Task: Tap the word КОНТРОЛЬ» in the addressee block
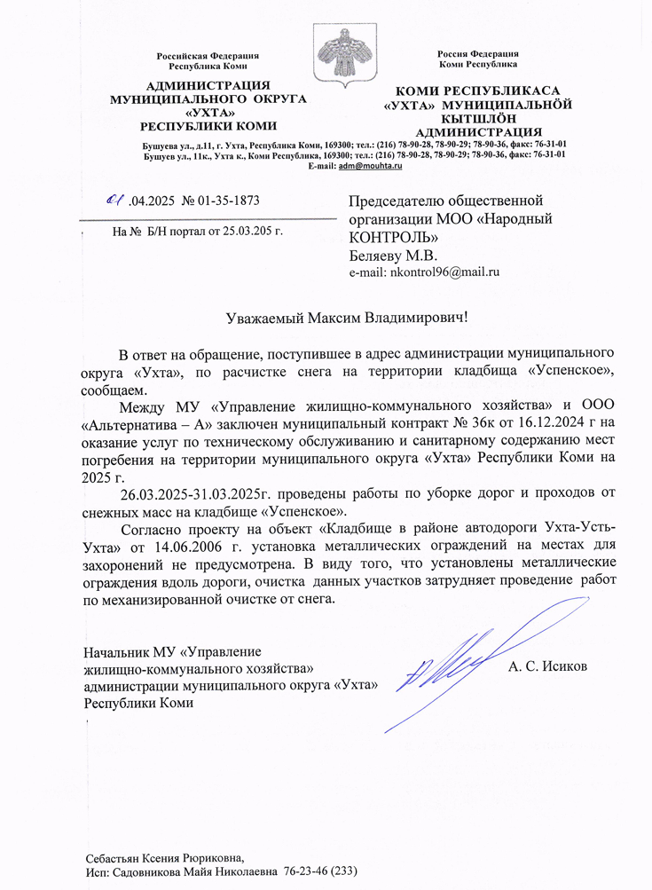(x=393, y=238)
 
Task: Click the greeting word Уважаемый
(x=263, y=317)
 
